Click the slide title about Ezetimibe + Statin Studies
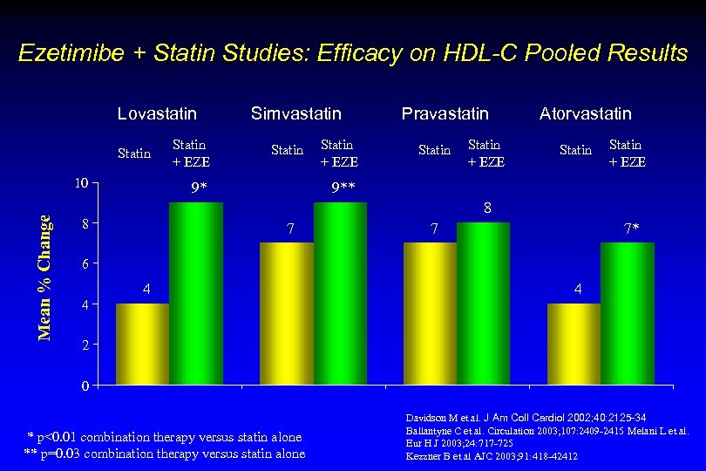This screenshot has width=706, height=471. click(x=353, y=53)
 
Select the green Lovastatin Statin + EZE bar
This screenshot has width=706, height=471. click(x=196, y=293)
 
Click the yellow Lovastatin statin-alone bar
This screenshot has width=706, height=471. click(x=143, y=344)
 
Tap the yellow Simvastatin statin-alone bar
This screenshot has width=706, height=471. click(x=287, y=313)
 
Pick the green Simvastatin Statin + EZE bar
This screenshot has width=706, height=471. click(x=340, y=293)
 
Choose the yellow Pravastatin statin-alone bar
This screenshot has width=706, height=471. click(x=431, y=313)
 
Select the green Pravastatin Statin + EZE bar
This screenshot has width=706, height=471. click(x=484, y=304)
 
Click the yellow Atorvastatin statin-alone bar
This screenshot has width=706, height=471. click(x=574, y=344)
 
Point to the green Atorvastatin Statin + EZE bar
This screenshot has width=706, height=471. click(x=628, y=313)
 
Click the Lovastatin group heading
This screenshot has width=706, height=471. click(x=157, y=113)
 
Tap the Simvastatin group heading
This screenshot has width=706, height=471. click(x=296, y=113)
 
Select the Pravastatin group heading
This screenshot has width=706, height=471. click(x=445, y=113)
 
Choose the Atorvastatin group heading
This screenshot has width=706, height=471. click(x=586, y=113)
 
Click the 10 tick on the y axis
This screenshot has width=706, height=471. click(x=80, y=183)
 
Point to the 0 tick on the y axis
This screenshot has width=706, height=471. click(x=84, y=386)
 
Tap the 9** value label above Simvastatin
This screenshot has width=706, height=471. click(x=343, y=187)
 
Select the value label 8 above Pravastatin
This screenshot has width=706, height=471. click(x=488, y=208)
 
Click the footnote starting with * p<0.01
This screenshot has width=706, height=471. click(x=165, y=437)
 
